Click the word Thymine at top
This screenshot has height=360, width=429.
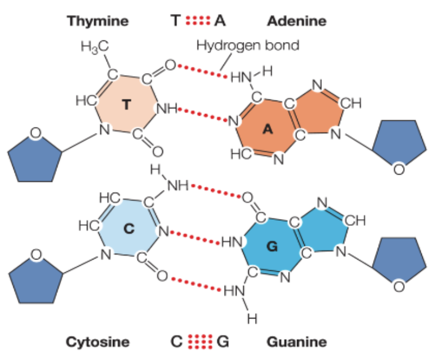click(x=98, y=21)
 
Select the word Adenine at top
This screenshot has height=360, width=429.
click(x=296, y=21)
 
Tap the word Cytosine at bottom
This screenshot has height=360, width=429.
click(x=98, y=341)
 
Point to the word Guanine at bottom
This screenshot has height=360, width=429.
click(x=296, y=341)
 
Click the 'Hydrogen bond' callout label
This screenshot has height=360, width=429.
click(x=248, y=45)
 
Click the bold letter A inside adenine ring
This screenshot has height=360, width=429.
click(x=268, y=129)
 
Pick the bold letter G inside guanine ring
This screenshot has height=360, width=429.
click(x=272, y=246)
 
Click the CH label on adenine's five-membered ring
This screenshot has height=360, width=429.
click(x=351, y=104)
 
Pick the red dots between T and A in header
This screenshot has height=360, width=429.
click(x=196, y=21)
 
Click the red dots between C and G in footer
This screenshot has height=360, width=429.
click(x=200, y=341)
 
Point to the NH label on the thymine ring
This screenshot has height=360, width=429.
click(x=167, y=108)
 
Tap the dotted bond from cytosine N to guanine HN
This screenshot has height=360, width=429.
click(x=194, y=236)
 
